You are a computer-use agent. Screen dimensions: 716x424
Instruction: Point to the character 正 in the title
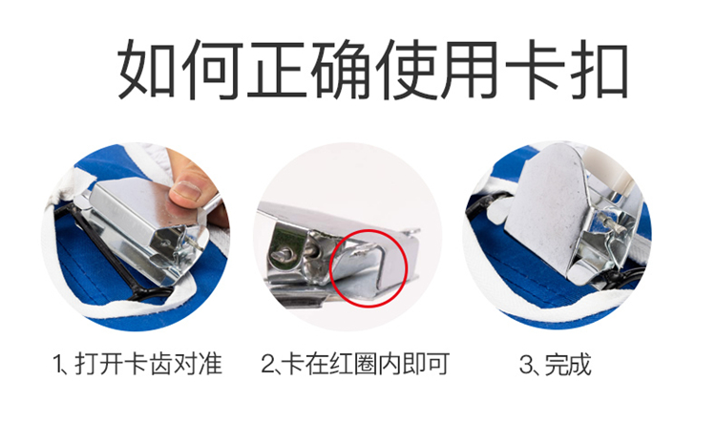point(276,70)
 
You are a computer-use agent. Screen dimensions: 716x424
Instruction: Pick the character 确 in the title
point(341,70)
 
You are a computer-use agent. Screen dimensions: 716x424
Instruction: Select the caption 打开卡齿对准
point(148,364)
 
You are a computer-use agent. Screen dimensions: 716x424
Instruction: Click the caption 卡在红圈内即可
point(365,364)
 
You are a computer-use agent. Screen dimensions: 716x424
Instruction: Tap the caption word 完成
point(568,364)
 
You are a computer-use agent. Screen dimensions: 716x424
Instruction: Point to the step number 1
point(57,365)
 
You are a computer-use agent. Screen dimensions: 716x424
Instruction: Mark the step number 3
point(526,365)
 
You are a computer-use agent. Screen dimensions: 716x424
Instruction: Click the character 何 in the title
point(211,70)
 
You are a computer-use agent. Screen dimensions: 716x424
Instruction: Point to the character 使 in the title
point(405,70)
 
